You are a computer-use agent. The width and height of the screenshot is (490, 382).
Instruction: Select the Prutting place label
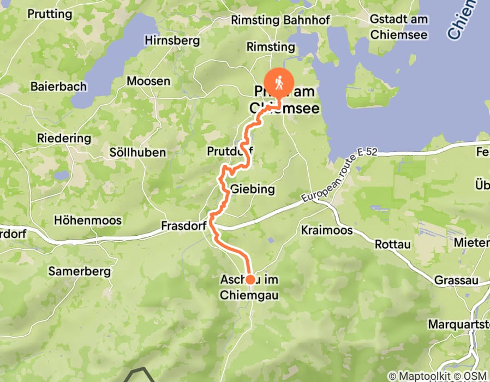pyautogui.click(x=50, y=14)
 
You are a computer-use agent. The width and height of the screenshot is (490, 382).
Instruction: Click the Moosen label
pyautogui.click(x=148, y=81)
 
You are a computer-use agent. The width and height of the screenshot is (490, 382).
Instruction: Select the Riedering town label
pyautogui.click(x=64, y=138)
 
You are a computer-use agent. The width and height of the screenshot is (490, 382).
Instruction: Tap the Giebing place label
pyautogui.click(x=252, y=190)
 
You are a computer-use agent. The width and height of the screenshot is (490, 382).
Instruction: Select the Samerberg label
pyautogui.click(x=80, y=271)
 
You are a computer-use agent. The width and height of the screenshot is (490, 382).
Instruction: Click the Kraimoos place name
pyautogui.click(x=327, y=230)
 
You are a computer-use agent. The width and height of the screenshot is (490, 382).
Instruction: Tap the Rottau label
pyautogui.click(x=393, y=245)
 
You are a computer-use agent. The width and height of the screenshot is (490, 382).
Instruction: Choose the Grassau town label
pyautogui.click(x=456, y=280)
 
